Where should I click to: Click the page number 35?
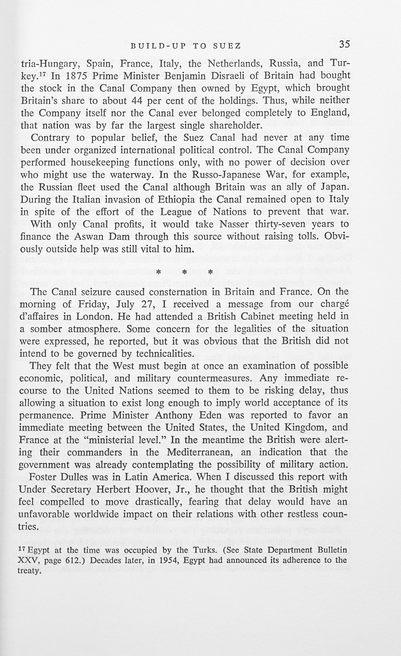tap(344, 44)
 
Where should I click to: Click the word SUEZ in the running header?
tap(227, 46)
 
